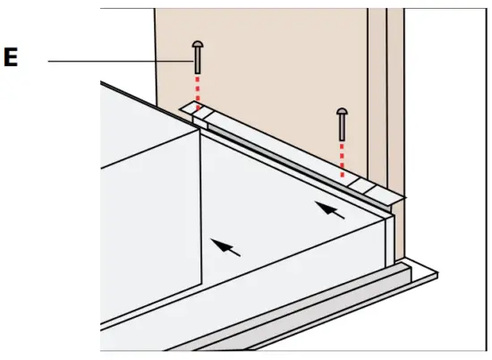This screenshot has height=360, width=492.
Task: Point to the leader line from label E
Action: tap(116, 61)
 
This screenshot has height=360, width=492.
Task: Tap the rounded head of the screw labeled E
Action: tap(196, 44)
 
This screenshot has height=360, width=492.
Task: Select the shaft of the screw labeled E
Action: tap(196, 64)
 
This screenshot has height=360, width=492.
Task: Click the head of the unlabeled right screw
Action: tap(342, 112)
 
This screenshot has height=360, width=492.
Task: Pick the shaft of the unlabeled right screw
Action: tap(342, 129)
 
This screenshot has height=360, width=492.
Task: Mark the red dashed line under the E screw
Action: tap(197, 92)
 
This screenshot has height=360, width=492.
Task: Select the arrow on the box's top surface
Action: tap(332, 211)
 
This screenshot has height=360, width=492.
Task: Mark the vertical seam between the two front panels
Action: tap(201, 215)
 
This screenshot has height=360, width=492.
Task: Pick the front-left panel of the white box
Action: tap(148, 224)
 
